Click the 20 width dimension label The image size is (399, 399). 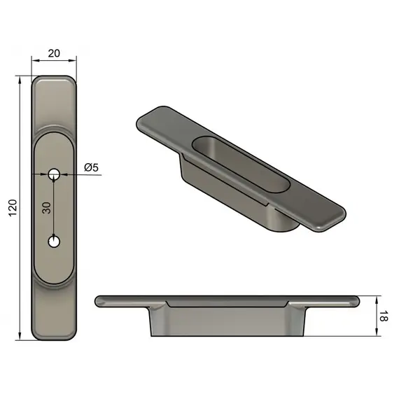click(x=54, y=53)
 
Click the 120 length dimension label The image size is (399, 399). click(x=13, y=208)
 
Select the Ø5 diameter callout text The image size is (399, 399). click(x=92, y=167)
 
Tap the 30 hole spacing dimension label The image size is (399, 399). click(x=47, y=208)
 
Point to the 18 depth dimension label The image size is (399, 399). click(x=384, y=316)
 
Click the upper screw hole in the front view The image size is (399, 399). click(x=54, y=174)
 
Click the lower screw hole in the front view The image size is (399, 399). click(x=54, y=241)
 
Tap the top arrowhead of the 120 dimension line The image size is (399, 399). click(x=20, y=79)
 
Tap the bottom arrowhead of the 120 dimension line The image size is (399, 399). click(x=20, y=336)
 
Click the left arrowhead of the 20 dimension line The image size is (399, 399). click(x=35, y=61)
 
